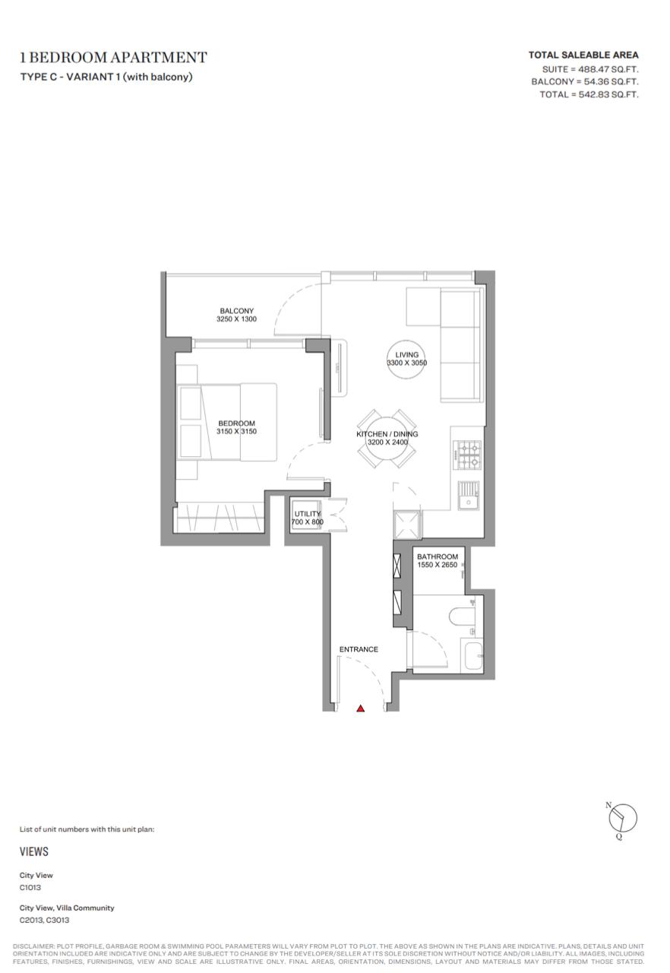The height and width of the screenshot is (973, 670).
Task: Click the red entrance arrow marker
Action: click(360, 708)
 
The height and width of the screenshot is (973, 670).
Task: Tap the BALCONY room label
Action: click(236, 311)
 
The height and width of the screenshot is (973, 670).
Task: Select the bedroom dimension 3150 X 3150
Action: click(236, 431)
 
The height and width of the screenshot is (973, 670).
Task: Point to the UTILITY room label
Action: click(307, 514)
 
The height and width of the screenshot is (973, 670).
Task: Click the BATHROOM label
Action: click(438, 557)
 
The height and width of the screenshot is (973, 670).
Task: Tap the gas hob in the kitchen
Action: click(467, 455)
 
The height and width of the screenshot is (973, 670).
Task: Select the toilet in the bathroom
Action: click(461, 616)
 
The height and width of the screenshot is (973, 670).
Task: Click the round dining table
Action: click(386, 439)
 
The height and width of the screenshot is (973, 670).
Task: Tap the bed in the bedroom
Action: click(227, 422)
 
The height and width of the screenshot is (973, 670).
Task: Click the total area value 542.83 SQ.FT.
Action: click(608, 95)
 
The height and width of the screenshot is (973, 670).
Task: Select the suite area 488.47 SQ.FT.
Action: click(608, 69)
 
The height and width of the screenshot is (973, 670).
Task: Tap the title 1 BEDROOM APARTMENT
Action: click(114, 57)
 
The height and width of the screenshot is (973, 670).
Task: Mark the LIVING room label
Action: click(406, 355)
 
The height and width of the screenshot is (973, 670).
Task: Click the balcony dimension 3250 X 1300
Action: click(236, 319)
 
